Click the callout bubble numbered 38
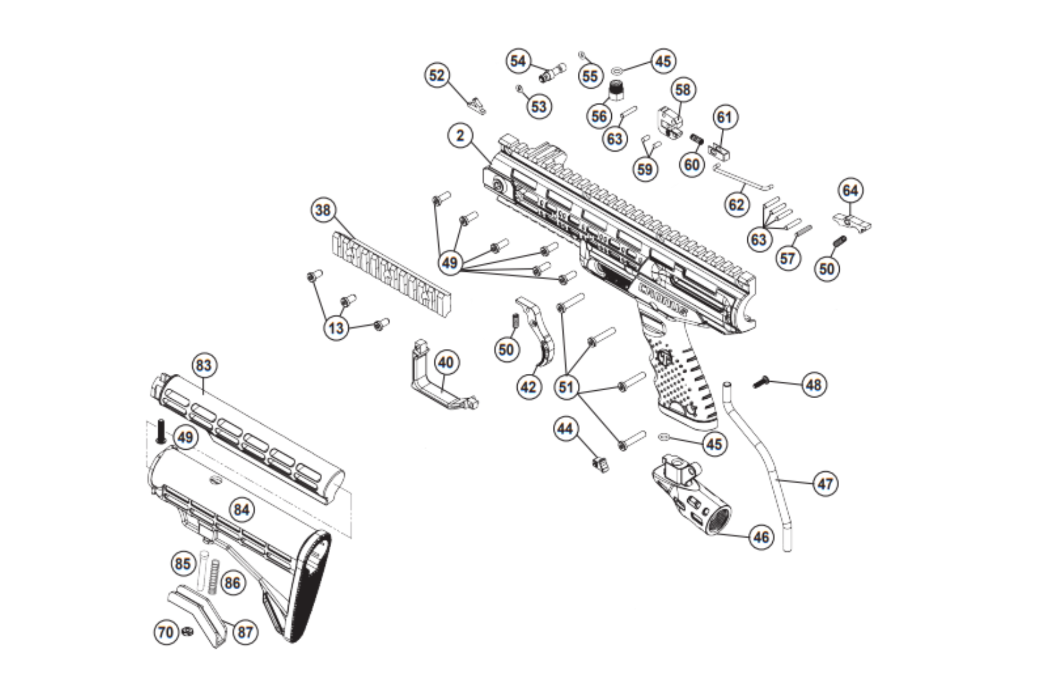pos(323,210)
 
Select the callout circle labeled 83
pos(204,365)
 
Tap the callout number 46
pos(761,537)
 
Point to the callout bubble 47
pos(825,484)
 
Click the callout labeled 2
pos(460,136)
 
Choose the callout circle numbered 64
pos(850,191)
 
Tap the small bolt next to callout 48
pos(762,382)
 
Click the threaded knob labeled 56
pos(617,90)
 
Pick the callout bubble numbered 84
pos(242,510)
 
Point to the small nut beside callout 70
pos(187,631)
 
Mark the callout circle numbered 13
pos(336,328)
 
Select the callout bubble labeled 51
pos(566,387)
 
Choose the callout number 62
pos(737,204)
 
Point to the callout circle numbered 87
pos(245,632)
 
